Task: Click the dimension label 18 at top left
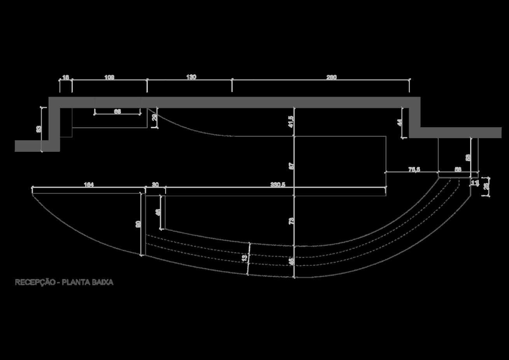pos(66,77)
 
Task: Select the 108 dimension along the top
pos(109,77)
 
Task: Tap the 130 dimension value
pos(191,77)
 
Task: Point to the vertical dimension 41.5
pos(291,122)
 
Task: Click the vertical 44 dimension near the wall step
pos(399,123)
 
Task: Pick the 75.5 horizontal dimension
pos(414,169)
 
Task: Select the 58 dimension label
pos(458,169)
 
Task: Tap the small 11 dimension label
pos(474,183)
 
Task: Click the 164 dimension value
pos(89,185)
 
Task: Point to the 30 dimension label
pos(155,185)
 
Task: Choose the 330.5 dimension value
pos(278,185)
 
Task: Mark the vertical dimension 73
pos(291,221)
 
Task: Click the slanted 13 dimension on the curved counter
pos(244,258)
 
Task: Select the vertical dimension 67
pos(291,165)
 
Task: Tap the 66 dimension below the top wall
pos(117,112)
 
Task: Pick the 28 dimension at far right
pos(486,187)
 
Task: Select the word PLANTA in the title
pos(75,283)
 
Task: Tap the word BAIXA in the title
pos(102,283)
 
